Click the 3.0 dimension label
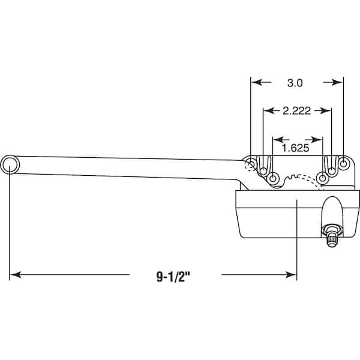[x=295, y=83]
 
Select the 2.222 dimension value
[x=296, y=111]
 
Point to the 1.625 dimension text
[x=295, y=148]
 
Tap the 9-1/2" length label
[x=174, y=277]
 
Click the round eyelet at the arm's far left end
[x=10, y=164]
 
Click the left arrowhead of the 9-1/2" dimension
[x=16, y=275]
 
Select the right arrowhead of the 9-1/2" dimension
[x=290, y=275]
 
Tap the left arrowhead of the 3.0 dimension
[x=257, y=82]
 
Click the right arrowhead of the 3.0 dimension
[x=337, y=82]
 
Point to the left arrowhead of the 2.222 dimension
[x=269, y=111]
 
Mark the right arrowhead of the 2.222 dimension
[x=326, y=111]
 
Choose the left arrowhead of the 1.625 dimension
[x=279, y=140]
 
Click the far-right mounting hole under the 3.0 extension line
[x=343, y=164]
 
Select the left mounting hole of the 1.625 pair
[x=273, y=178]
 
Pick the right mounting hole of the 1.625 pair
[x=323, y=178]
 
